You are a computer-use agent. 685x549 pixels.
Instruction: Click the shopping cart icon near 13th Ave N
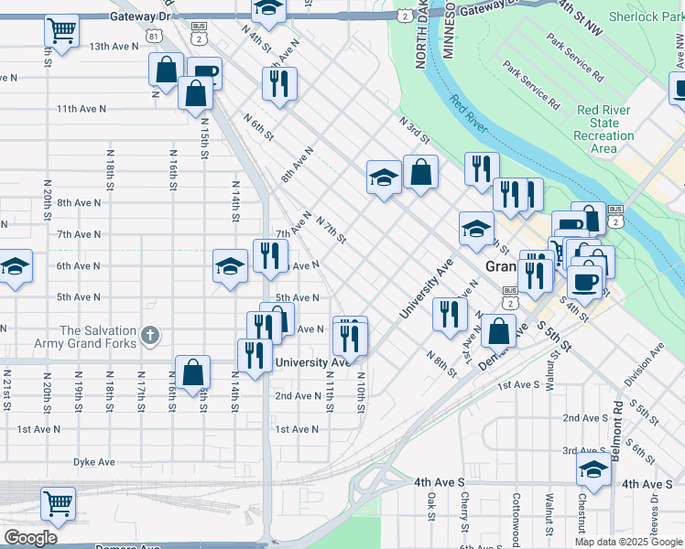click(61, 30)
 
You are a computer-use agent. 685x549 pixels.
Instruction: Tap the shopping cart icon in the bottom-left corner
click(58, 501)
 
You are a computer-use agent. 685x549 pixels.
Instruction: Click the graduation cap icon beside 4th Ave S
click(593, 469)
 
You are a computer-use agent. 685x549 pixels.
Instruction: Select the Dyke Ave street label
click(94, 463)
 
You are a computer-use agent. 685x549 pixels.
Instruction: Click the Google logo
click(30, 538)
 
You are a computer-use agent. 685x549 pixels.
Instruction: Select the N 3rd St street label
click(414, 130)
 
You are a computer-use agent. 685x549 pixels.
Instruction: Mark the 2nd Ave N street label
click(298, 396)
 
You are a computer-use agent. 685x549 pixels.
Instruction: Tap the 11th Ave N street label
click(81, 109)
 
